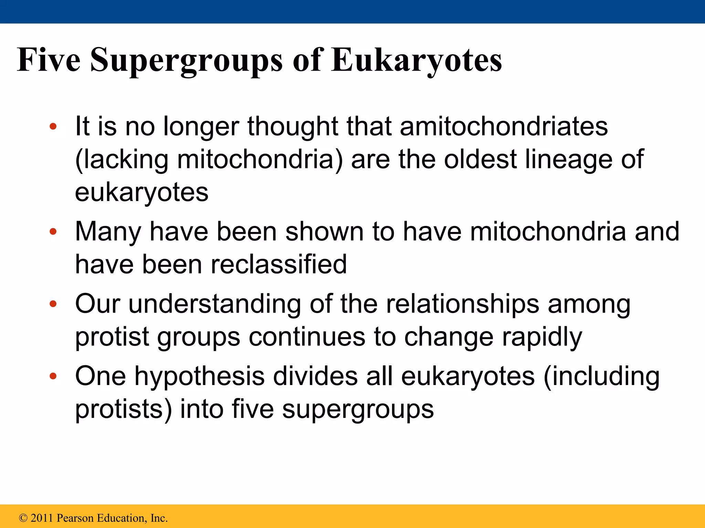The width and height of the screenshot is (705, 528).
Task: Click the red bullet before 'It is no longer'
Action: coord(53,126)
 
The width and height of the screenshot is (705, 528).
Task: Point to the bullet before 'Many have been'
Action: coord(53,231)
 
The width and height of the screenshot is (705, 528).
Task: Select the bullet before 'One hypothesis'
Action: coord(53,376)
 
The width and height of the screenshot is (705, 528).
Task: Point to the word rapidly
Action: coord(542,337)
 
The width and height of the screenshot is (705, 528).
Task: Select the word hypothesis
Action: coord(200,376)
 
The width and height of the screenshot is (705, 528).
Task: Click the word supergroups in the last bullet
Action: coord(358,409)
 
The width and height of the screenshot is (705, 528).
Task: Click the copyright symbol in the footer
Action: coord(23,518)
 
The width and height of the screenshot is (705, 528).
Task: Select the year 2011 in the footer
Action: coord(42,518)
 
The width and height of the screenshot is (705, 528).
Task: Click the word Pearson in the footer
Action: coord(75,518)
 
